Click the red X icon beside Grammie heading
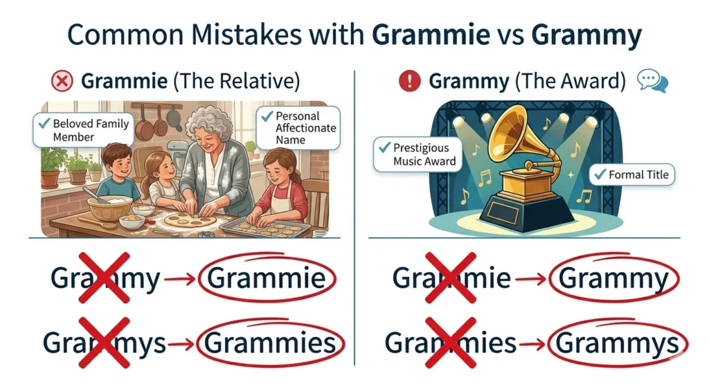pyautogui.click(x=62, y=82)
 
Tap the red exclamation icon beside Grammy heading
pyautogui.click(x=410, y=82)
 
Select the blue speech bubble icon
pyautogui.click(x=653, y=82)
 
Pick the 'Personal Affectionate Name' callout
pyautogui.click(x=298, y=128)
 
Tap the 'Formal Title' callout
pyautogui.click(x=631, y=175)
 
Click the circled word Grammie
pyautogui.click(x=267, y=278)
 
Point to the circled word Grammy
pyautogui.click(x=613, y=278)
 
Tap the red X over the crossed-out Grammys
pyautogui.click(x=103, y=343)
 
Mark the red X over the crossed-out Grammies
pyautogui.click(x=451, y=343)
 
